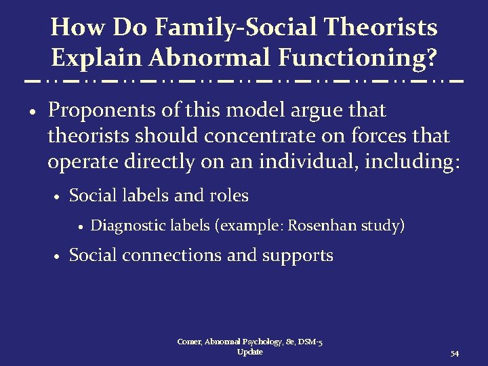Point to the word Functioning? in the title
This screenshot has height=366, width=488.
(x=361, y=58)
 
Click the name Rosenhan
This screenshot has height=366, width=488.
(x=323, y=225)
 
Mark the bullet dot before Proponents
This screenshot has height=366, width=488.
(x=33, y=111)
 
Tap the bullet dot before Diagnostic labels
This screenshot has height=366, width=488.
(x=79, y=226)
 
